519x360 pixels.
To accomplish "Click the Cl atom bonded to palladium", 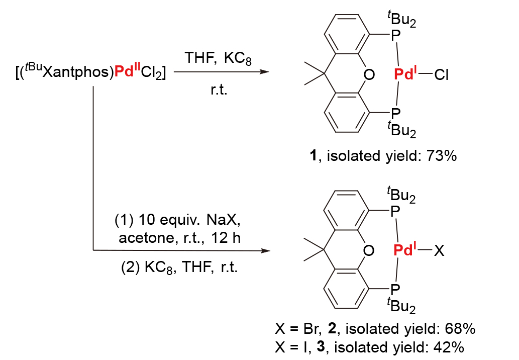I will (442, 75).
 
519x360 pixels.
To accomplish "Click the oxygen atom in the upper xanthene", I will (369, 75).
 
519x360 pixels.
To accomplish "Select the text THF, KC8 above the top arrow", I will (217, 57).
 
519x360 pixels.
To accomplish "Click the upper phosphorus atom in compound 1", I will (395, 35).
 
